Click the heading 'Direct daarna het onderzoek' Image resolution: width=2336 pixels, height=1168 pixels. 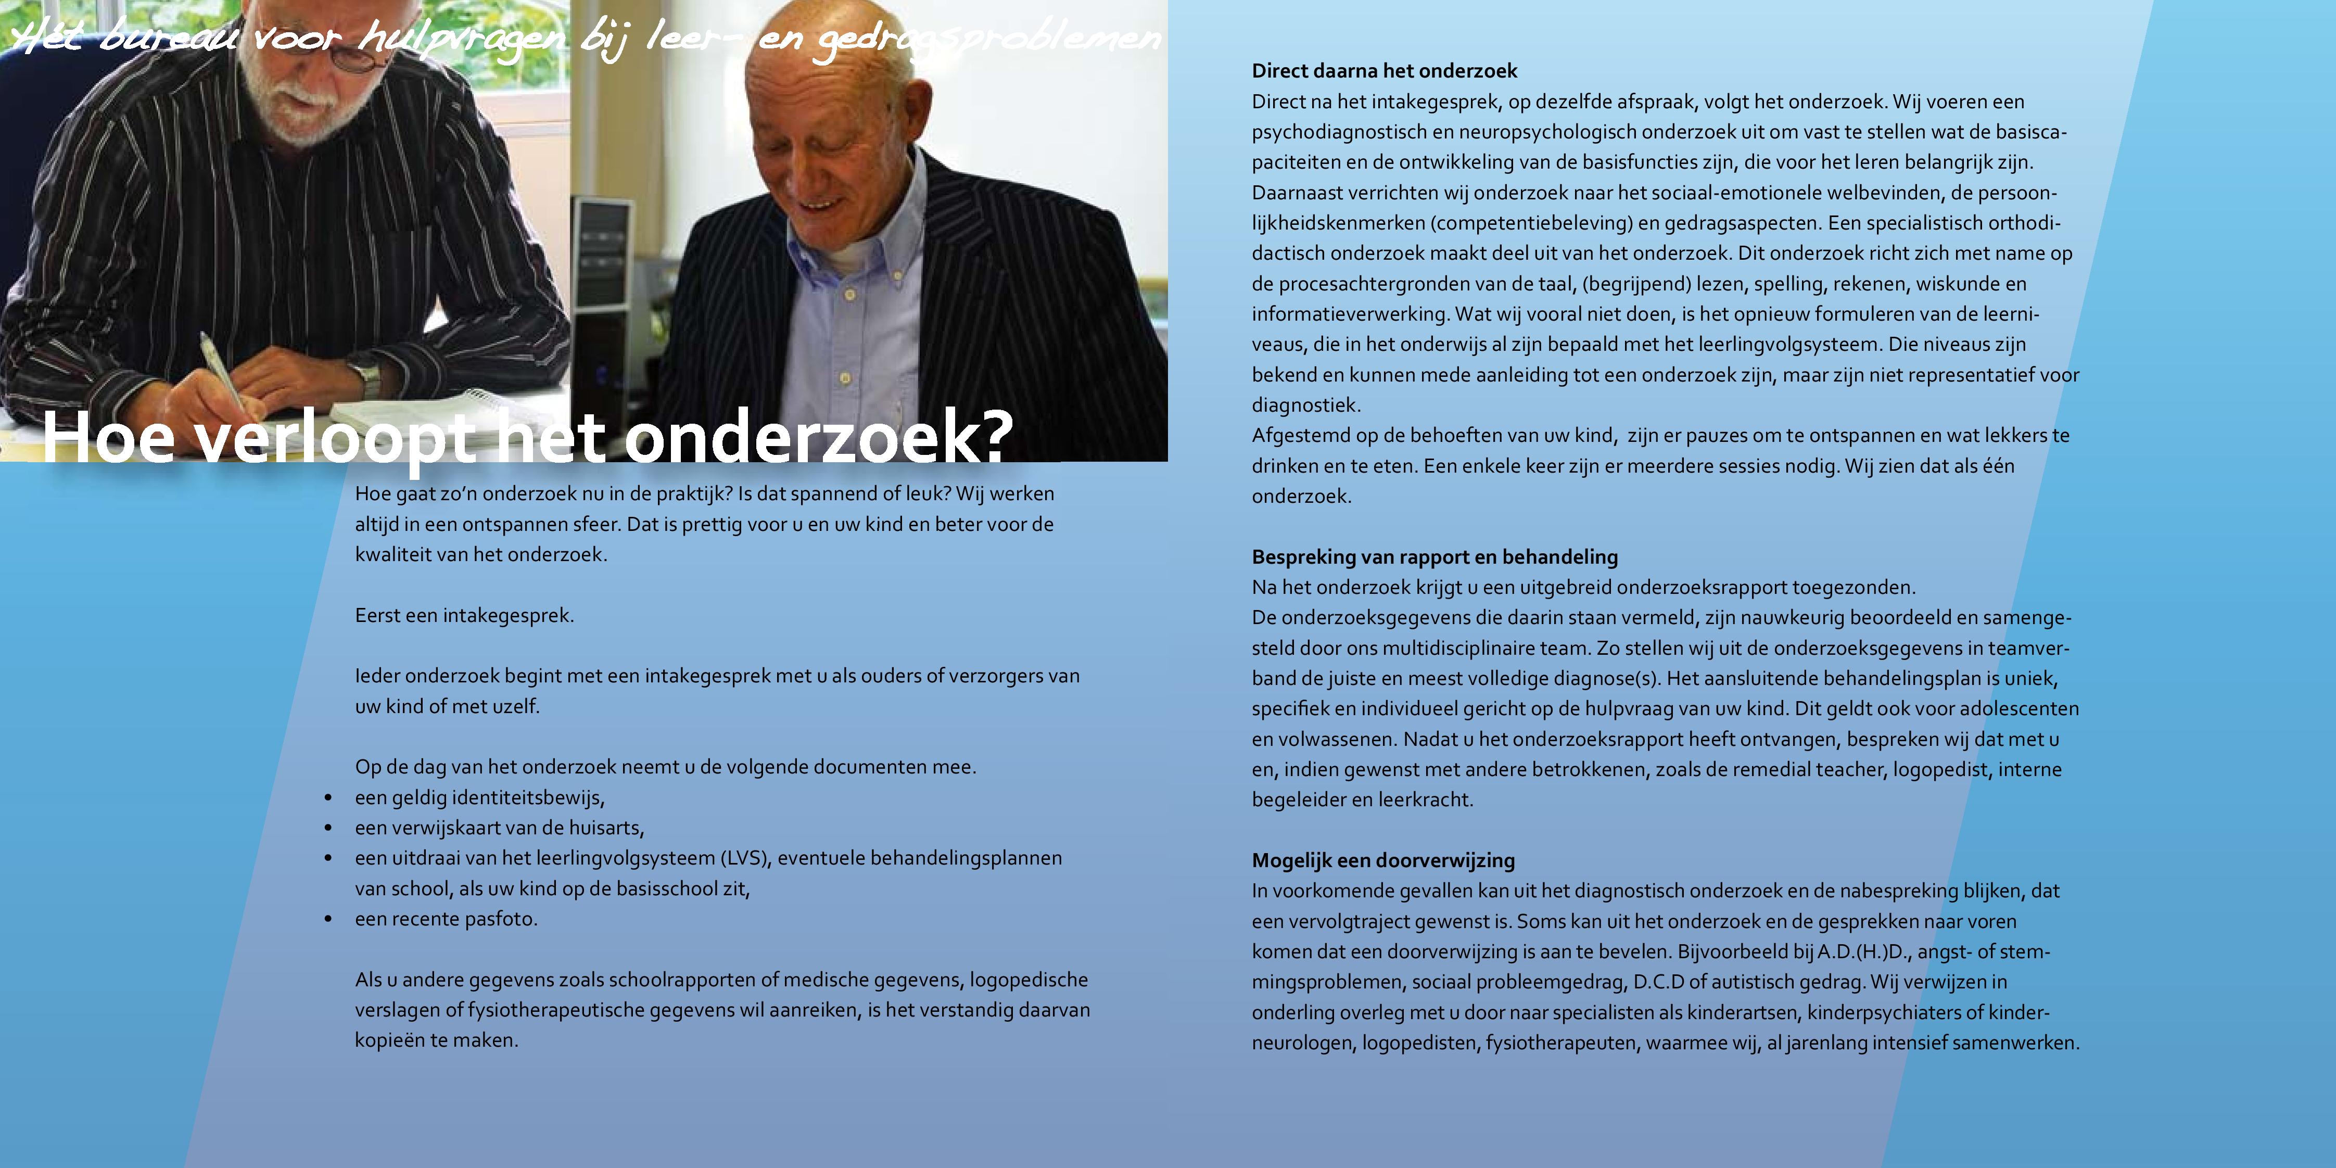(1384, 71)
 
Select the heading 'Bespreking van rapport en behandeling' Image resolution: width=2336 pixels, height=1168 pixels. (1434, 557)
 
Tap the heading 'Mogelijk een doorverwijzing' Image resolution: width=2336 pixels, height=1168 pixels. (1383, 860)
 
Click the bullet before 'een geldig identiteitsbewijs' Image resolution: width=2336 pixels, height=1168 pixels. (328, 798)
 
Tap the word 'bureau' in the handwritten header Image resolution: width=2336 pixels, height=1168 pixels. (168, 38)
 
